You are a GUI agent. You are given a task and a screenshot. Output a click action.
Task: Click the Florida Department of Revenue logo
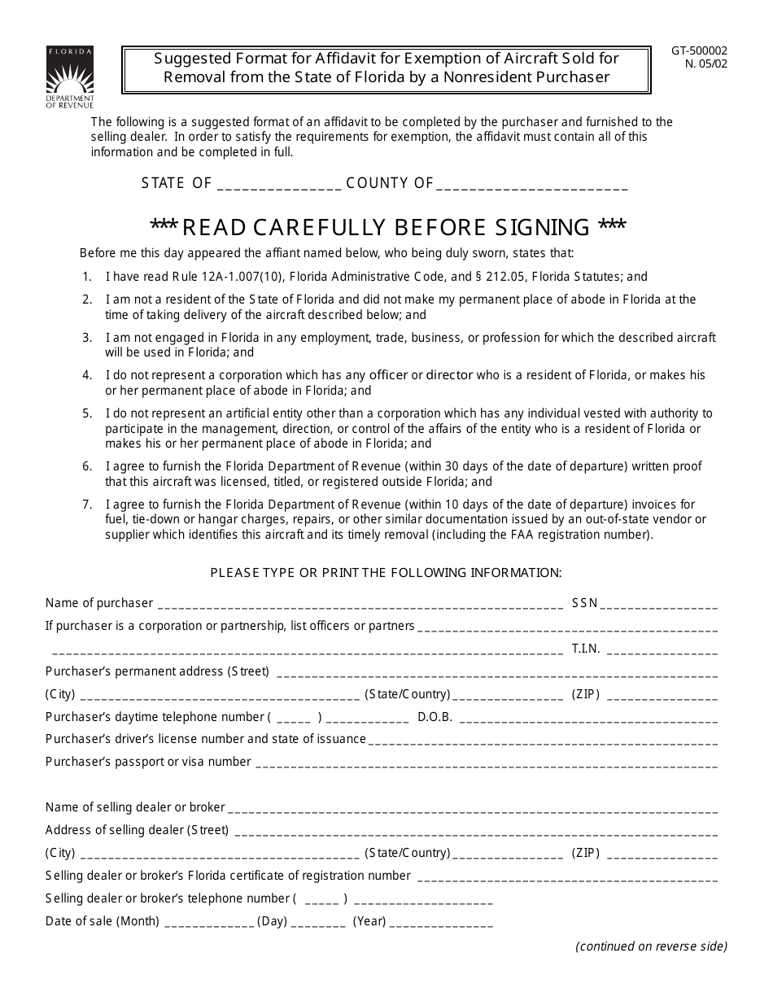pos(69,77)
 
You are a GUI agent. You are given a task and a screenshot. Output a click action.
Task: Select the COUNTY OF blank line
pos(532,185)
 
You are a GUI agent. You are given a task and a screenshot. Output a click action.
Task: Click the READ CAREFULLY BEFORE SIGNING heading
pos(388,226)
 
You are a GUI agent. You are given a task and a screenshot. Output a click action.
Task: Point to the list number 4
pos(87,375)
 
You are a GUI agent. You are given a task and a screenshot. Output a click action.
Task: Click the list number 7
pos(87,505)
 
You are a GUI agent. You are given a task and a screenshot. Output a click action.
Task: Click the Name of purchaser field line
pos(360,605)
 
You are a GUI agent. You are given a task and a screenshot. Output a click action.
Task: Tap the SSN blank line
pos(661,605)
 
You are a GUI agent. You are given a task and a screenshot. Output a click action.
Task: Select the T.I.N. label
pos(586,649)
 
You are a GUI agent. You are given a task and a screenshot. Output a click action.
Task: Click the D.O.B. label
pos(435,717)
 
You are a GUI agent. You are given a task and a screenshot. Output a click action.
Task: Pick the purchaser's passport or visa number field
pos(487,763)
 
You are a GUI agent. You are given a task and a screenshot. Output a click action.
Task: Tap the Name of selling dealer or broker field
pos(473,809)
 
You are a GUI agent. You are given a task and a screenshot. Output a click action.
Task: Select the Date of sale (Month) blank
pos(209,923)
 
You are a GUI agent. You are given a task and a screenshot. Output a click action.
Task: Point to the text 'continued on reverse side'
pos(651,946)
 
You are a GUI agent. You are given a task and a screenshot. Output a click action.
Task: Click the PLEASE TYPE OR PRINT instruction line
pos(386,572)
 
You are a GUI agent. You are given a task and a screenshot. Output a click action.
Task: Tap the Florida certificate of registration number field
pos(567,877)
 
